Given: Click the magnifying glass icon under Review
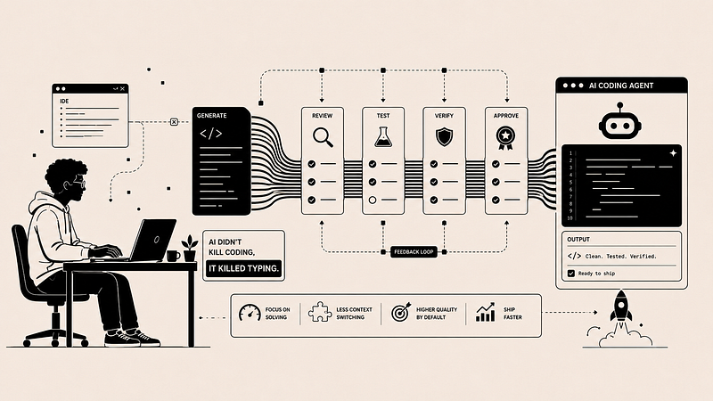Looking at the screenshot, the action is point(323,137).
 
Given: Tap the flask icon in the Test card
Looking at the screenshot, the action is point(383,137).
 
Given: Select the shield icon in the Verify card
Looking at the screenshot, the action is point(444,137).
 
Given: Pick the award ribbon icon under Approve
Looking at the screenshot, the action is point(505,138).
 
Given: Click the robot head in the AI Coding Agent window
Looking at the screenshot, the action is point(619,121).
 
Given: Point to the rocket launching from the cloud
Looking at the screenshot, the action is point(620,308).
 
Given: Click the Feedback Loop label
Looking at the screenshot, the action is point(414,252).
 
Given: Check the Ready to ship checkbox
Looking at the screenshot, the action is point(571,274).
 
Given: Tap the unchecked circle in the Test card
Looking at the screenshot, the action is point(373,200).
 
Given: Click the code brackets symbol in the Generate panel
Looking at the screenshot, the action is point(211,134).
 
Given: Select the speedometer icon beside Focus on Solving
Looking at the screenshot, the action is point(250,313).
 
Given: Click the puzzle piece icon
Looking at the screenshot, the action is point(320,312).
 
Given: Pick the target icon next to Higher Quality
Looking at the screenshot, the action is point(400,313).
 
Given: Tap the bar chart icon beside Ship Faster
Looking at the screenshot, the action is point(485,313).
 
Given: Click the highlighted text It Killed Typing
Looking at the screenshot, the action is point(243,269).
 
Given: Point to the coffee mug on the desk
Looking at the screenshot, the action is point(173,256).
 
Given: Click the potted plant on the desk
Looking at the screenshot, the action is point(190,249).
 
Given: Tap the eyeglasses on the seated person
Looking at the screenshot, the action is point(78,183).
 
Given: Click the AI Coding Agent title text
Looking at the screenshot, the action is point(621,86).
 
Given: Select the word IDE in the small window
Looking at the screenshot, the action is point(64,101).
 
